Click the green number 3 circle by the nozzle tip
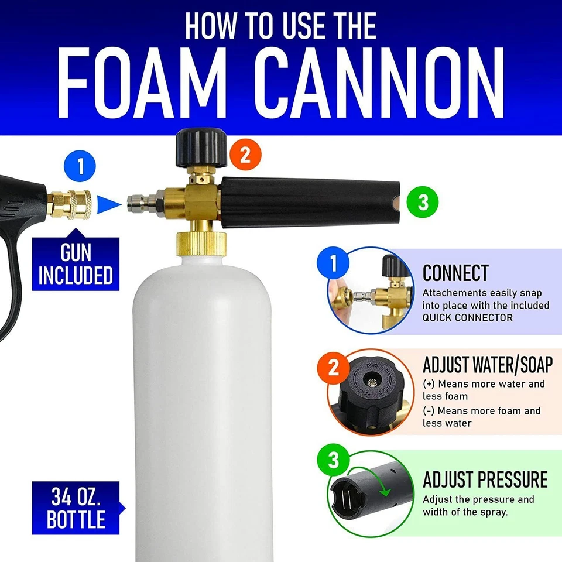click(x=423, y=203)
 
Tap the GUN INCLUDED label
click(x=76, y=264)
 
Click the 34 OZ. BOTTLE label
click(x=76, y=508)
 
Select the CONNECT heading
click(x=455, y=273)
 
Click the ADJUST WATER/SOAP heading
click(x=488, y=364)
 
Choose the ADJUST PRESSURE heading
click(x=485, y=479)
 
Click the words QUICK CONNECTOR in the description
click(x=468, y=317)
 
